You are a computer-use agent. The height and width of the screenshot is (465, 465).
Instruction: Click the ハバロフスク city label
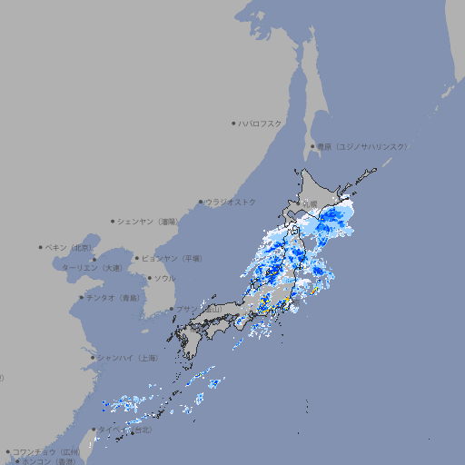click(x=261, y=123)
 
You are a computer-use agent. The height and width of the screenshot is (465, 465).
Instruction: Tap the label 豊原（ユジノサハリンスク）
click(x=362, y=146)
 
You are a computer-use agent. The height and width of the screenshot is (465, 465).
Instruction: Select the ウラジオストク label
click(x=231, y=202)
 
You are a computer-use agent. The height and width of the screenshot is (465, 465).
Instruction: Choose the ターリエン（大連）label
click(x=92, y=268)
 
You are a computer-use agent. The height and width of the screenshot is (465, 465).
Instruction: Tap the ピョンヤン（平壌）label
click(x=172, y=258)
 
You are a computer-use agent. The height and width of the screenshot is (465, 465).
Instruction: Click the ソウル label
click(x=163, y=278)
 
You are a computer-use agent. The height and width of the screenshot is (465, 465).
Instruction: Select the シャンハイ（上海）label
click(x=127, y=358)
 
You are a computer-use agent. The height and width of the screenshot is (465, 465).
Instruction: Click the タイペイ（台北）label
click(x=125, y=430)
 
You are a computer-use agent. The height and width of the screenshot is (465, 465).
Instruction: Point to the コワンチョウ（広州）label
click(x=46, y=451)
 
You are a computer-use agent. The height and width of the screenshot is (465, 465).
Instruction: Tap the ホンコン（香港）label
click(x=48, y=461)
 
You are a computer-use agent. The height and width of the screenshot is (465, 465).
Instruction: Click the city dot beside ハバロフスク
click(x=233, y=123)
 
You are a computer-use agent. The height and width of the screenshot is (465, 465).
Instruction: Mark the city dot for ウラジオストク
click(x=201, y=202)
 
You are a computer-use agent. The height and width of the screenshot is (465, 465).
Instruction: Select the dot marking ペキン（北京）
click(x=41, y=247)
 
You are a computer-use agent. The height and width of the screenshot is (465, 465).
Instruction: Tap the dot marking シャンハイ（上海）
click(x=93, y=358)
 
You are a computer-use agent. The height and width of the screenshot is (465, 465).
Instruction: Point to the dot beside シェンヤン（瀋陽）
click(x=114, y=221)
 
